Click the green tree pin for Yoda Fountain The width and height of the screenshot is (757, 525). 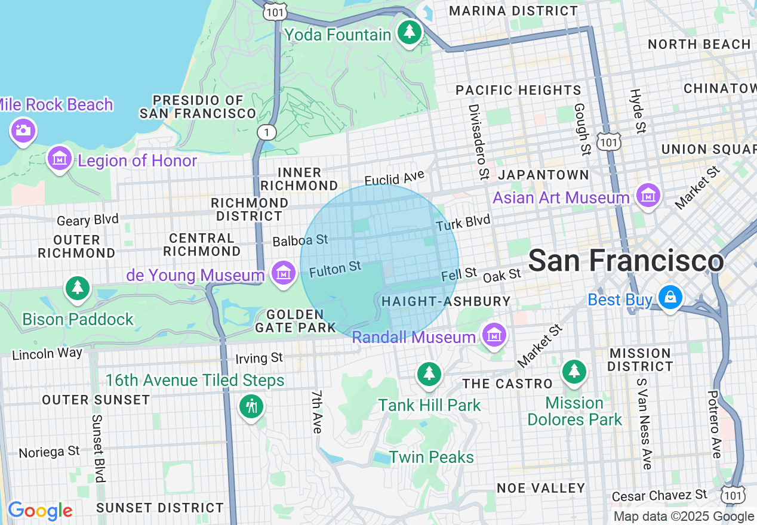tap(410, 32)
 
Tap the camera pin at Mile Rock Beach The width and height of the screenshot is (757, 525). tap(23, 131)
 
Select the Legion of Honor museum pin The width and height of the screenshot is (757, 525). tap(60, 159)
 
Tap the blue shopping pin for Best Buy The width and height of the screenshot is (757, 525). tap(670, 297)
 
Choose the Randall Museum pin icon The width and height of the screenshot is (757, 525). tap(494, 335)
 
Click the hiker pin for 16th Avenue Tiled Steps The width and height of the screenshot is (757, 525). tap(251, 406)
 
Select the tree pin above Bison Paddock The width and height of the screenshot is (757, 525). tap(78, 288)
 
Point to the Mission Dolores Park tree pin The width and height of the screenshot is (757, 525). tap(574, 370)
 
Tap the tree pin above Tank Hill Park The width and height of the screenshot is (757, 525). tap(429, 373)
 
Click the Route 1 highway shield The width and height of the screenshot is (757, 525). tap(264, 131)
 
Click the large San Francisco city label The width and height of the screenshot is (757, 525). tap(626, 261)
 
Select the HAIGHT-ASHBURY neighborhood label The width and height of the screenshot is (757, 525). tap(446, 302)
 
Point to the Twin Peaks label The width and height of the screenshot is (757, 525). tap(431, 458)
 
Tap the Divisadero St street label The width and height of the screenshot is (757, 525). tap(477, 141)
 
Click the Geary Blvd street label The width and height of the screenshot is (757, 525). tap(88, 220)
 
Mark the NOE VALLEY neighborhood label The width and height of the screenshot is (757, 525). tap(541, 488)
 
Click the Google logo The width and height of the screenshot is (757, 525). tap(40, 511)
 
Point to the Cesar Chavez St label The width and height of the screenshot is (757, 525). tap(660, 495)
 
